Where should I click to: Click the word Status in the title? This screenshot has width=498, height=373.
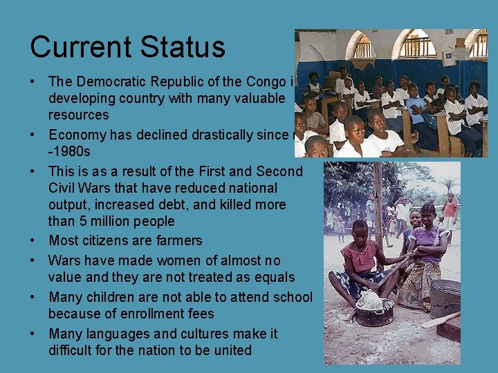183,47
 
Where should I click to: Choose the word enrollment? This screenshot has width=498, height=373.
142,314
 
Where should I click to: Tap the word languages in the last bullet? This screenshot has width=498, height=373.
120,334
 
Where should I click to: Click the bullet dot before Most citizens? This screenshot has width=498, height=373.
33,240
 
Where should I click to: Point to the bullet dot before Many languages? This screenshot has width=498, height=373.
33,334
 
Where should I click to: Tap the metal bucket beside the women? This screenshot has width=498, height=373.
444,297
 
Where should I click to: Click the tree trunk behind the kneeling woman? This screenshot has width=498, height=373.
379,200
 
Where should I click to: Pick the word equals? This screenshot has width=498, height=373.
275,277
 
